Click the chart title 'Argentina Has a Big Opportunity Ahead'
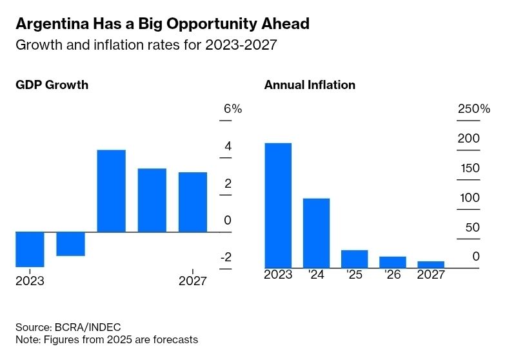click(x=162, y=24)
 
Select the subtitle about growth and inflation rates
click(x=148, y=45)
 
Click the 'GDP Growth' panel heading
click(x=52, y=85)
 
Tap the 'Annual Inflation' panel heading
click(x=310, y=85)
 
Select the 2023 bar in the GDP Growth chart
click(x=30, y=249)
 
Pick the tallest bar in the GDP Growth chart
click(x=111, y=191)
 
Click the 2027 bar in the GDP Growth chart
click(x=193, y=202)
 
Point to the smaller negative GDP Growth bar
click(x=70, y=244)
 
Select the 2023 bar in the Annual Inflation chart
click(x=278, y=205)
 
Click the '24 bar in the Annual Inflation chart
click(x=316, y=233)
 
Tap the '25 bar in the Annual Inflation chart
click(x=354, y=259)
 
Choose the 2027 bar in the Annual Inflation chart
click(x=431, y=265)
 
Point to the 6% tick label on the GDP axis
click(x=232, y=109)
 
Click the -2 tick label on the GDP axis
click(x=226, y=258)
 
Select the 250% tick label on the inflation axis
click(x=474, y=109)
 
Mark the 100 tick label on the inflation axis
click(x=470, y=198)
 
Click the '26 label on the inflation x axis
click(x=393, y=275)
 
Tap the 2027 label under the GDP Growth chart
click(x=192, y=281)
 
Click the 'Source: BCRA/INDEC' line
click(x=68, y=327)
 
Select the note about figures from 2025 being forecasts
click(x=106, y=339)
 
